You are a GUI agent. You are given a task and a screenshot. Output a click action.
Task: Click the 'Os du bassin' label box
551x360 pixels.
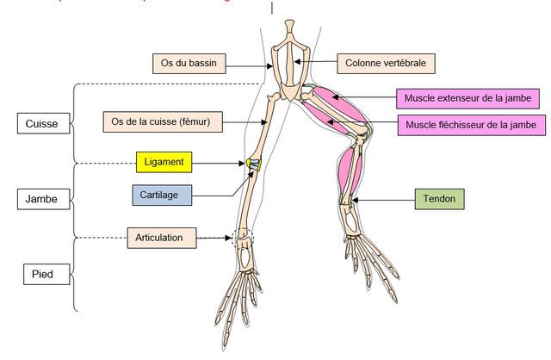tap(189, 63)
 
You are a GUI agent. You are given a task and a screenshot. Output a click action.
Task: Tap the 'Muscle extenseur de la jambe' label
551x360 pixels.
tap(467, 99)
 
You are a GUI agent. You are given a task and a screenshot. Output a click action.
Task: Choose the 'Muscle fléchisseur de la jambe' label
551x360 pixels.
tap(472, 126)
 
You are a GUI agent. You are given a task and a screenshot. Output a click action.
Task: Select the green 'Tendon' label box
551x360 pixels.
tap(439, 200)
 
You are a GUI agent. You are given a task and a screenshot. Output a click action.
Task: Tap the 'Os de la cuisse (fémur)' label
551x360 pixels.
tap(162, 122)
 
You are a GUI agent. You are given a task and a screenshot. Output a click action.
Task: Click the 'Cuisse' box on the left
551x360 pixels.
tap(41, 124)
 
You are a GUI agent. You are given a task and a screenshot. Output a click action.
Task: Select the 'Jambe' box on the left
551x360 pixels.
tap(41, 200)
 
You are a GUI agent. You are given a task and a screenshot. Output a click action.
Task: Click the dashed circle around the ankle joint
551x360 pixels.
tap(243, 237)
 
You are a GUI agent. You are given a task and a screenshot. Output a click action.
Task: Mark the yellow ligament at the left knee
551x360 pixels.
tap(253, 162)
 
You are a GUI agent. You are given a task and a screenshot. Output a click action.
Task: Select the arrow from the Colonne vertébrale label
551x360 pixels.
tap(323, 63)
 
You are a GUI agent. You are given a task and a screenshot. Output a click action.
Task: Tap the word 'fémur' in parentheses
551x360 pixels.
tap(203, 122)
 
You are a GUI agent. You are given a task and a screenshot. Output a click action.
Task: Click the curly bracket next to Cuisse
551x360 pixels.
tap(76, 123)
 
